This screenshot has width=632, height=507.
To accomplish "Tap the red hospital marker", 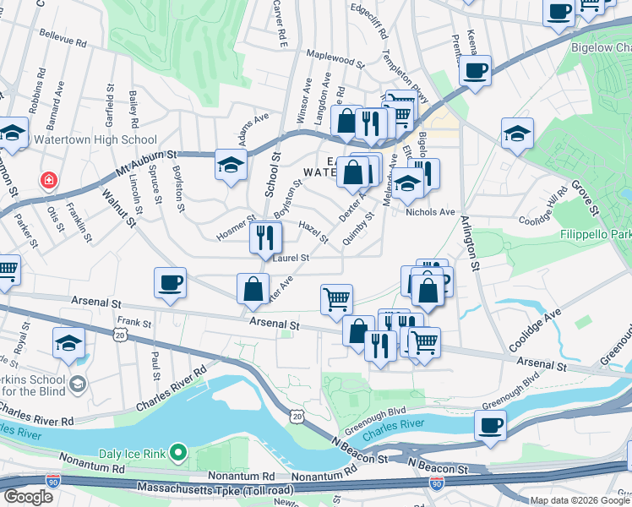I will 50,181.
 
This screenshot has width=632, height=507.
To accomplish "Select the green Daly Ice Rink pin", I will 177,453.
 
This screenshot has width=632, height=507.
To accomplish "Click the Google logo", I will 28,497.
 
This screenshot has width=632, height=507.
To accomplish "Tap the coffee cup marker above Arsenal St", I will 170,283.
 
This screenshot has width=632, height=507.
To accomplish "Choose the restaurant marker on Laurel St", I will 265,237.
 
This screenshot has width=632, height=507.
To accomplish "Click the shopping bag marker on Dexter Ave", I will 253,289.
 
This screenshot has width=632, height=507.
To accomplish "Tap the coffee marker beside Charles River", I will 490,424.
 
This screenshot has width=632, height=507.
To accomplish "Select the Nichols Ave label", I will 430,212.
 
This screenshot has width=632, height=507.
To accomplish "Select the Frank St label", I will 133,322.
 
